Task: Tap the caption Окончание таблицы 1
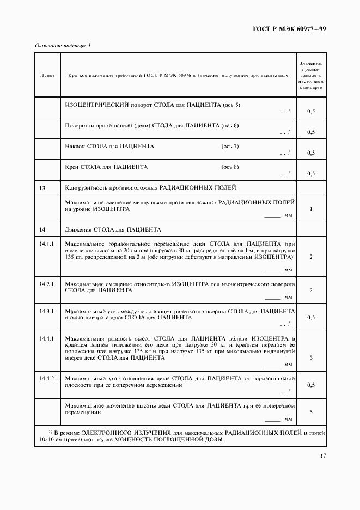point(63,45)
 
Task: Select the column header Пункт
point(47,76)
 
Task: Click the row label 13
point(42,188)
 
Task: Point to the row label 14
point(42,229)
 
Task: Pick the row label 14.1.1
point(46,244)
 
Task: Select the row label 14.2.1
point(46,284)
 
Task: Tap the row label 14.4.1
point(46,338)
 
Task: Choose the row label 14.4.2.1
point(48,378)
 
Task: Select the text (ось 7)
point(229,147)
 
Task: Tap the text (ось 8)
point(229,167)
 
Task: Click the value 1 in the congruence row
point(310,209)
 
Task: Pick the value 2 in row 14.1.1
point(310,256)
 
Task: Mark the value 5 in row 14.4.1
point(310,358)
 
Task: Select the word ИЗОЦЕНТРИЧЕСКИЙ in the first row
point(96,104)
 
